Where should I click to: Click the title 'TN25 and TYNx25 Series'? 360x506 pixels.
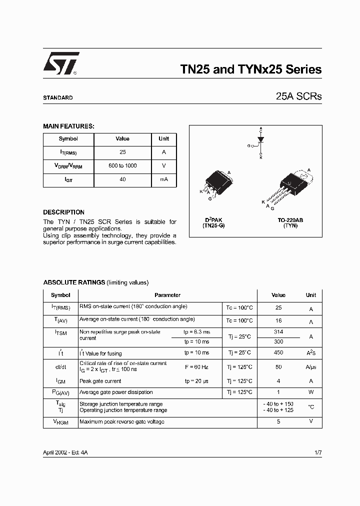250,70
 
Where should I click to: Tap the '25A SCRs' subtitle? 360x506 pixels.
298,97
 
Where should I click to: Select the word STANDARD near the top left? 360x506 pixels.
57,98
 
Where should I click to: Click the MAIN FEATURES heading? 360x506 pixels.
68,126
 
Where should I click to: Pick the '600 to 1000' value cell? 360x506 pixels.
122,165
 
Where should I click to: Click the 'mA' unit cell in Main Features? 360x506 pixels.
163,179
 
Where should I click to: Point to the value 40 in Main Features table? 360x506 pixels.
122,179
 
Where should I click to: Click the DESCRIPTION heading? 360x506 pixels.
63,212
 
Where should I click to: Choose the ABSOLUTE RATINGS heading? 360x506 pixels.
74,282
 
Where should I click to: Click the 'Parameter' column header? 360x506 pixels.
167,295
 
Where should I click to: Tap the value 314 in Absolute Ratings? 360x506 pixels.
278,332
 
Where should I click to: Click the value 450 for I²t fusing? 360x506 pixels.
278,353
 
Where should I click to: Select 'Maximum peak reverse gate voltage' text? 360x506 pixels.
122,422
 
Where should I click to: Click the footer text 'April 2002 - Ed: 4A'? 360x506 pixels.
65,452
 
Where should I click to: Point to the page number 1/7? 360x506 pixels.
318,452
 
